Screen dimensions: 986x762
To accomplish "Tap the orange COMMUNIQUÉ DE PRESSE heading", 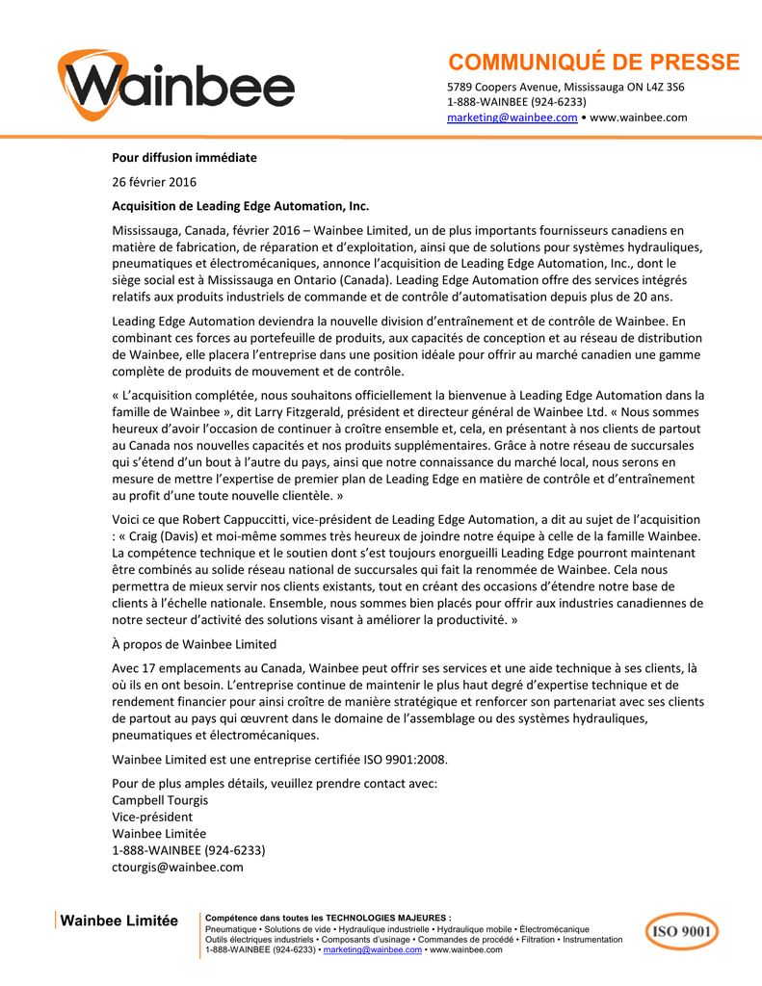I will tap(593, 63).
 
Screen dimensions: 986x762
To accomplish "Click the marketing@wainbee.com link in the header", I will tap(512, 117).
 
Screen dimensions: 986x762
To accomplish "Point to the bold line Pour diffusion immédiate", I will tap(184, 157).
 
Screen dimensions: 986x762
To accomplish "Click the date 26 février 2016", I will tap(154, 182).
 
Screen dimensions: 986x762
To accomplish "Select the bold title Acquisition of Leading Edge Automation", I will tap(241, 206).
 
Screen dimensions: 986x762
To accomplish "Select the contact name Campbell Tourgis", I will tap(160, 800).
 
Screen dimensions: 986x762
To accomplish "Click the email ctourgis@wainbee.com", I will tap(177, 867).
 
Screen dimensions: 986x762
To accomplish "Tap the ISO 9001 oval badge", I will tap(681, 931).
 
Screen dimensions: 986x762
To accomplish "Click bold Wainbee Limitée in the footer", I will tap(119, 921).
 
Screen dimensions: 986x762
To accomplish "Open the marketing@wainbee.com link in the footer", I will tap(373, 949).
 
